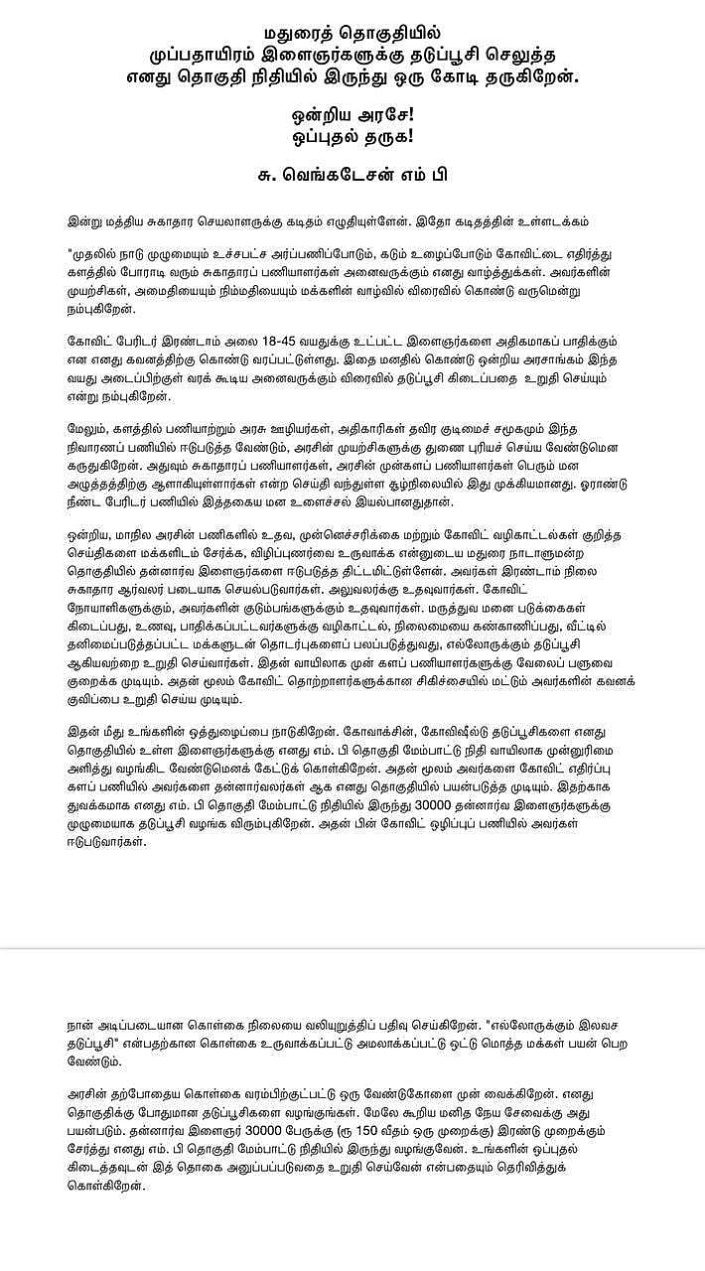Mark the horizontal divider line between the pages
[352, 948]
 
